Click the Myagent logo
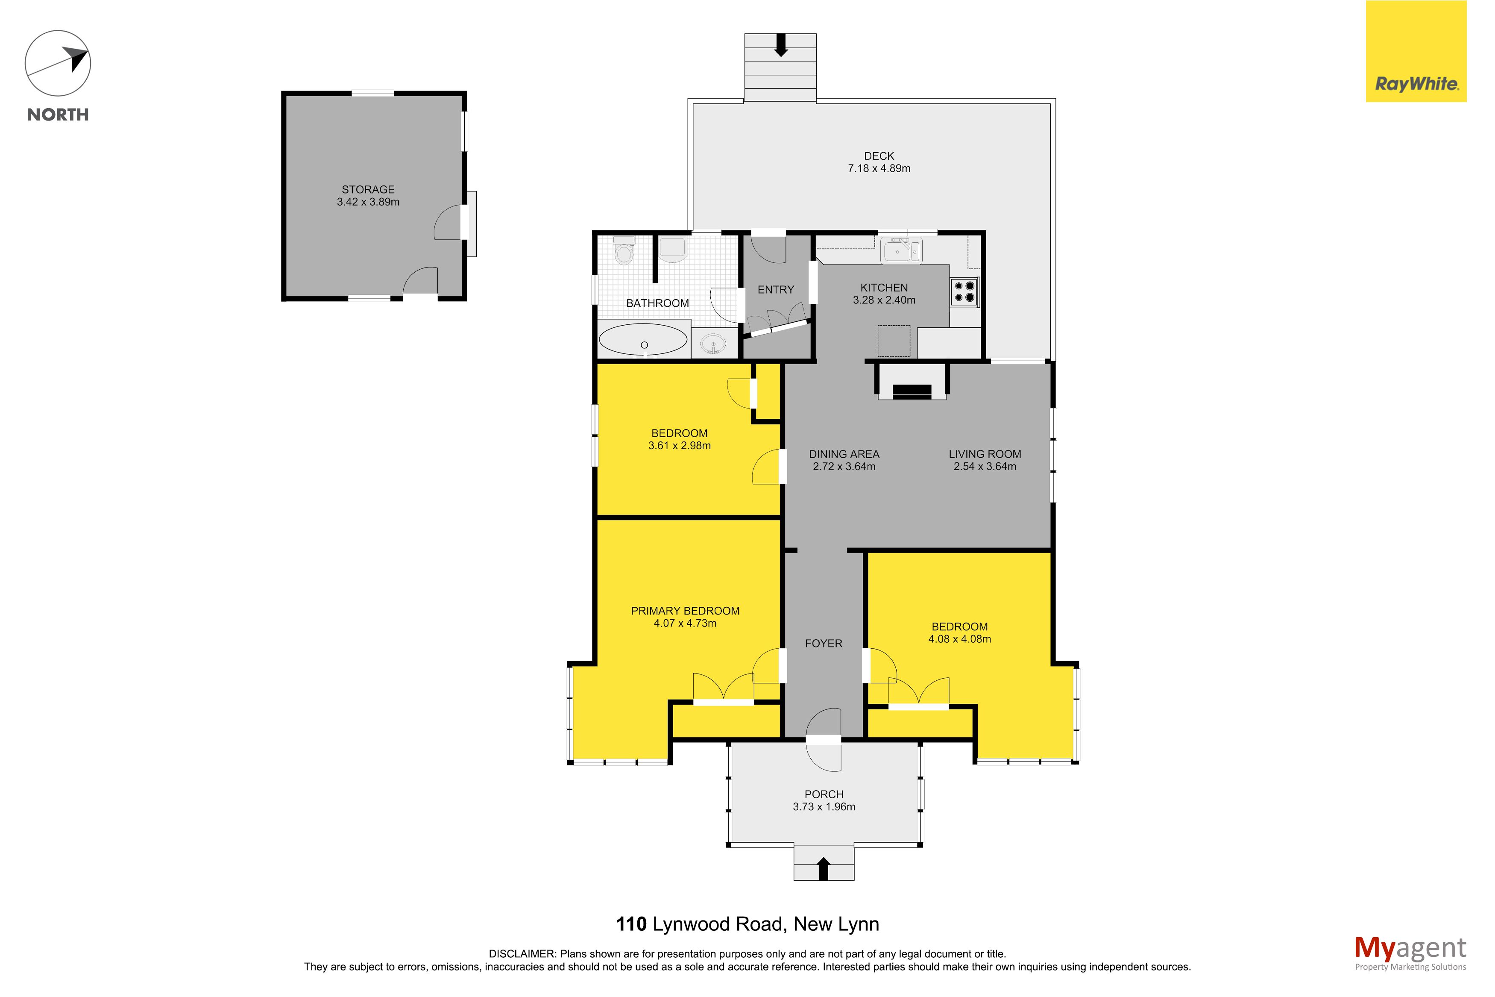pyautogui.click(x=1410, y=953)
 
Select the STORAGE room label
pyautogui.click(x=368, y=189)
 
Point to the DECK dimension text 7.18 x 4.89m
pyautogui.click(x=879, y=168)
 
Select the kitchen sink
pyautogui.click(x=901, y=250)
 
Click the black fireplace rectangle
pyautogui.click(x=912, y=392)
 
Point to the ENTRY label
pyautogui.click(x=775, y=290)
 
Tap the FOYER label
pyautogui.click(x=824, y=644)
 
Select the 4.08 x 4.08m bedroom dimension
pyautogui.click(x=959, y=639)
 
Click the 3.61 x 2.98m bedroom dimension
pyautogui.click(x=679, y=446)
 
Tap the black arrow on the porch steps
pyautogui.click(x=824, y=868)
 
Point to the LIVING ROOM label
pyautogui.click(x=985, y=454)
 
